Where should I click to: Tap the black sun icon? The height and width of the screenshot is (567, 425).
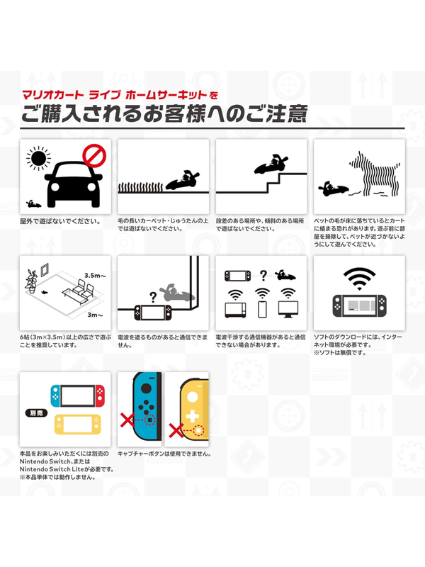[x=37, y=158]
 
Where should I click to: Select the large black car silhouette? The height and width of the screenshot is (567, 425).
[x=69, y=184]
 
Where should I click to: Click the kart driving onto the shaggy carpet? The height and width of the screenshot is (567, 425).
[x=182, y=181]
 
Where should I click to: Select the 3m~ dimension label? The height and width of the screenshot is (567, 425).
[x=92, y=315]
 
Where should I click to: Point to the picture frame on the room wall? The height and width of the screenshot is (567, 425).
[x=43, y=271]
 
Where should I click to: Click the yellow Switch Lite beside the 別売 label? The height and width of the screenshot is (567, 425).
[x=76, y=423]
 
